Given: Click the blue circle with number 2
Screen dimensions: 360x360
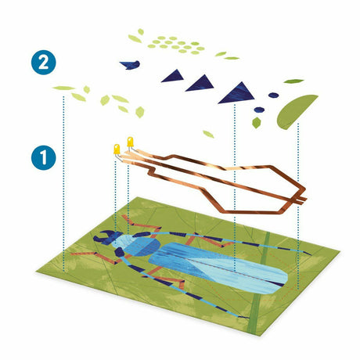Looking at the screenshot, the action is coord(43,63).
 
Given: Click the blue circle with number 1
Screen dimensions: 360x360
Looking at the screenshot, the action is coord(43,158).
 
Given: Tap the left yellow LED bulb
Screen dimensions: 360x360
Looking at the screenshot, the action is coord(117,149).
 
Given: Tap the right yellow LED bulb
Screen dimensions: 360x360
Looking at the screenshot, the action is coord(130,142).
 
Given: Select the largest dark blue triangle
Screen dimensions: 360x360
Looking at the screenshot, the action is coord(238,94).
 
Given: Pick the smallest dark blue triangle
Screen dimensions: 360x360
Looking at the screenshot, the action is coord(174,77).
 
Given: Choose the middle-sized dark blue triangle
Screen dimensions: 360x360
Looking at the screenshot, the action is coord(201,84).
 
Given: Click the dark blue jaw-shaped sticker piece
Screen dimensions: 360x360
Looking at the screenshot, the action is coord(131,65).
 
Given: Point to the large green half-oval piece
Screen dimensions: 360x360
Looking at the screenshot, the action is coord(295,112).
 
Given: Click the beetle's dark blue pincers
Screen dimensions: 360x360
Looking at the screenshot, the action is coord(104,237).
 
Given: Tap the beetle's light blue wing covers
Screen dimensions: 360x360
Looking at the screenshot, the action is coord(219,268).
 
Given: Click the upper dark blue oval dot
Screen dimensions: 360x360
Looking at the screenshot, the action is coord(273,95).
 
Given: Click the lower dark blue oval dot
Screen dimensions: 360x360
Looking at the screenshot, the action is coord(259,110).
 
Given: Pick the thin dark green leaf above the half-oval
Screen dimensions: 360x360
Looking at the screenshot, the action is coord(293,81).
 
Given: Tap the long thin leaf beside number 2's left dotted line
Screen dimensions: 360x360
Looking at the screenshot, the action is coord(63,88).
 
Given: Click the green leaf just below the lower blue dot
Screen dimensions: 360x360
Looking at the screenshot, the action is coord(257,123).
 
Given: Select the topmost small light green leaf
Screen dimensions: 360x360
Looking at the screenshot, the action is coord(141,32).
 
